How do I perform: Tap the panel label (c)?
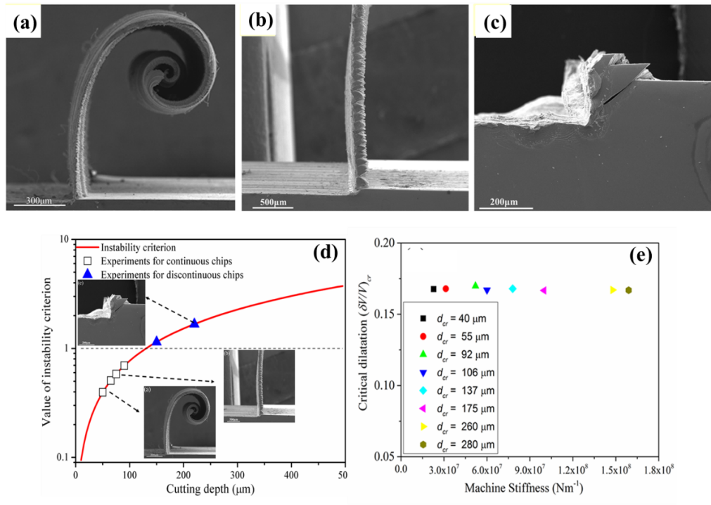click(x=492, y=23)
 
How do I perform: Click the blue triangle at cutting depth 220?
click(x=194, y=323)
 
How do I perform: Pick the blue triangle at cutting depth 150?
click(x=156, y=341)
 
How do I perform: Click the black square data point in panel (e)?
click(x=433, y=288)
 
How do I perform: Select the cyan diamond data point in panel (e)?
click(x=513, y=288)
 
